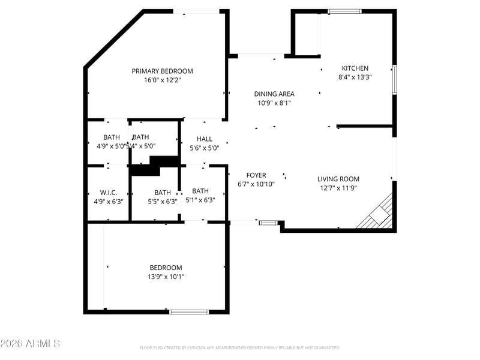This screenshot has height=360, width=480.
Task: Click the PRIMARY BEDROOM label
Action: (x=162, y=71)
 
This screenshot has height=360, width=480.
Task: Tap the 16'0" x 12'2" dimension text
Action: (x=162, y=80)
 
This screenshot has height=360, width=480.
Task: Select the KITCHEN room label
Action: (x=355, y=68)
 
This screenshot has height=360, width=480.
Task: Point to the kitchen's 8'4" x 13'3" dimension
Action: (x=355, y=77)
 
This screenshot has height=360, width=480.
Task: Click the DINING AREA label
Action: (x=274, y=94)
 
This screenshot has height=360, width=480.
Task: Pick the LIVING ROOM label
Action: (x=338, y=179)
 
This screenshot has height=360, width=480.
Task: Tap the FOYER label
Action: (x=256, y=175)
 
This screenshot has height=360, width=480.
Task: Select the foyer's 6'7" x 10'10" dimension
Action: (x=256, y=184)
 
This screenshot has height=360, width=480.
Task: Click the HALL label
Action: (x=204, y=139)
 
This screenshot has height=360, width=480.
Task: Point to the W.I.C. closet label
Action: (x=108, y=193)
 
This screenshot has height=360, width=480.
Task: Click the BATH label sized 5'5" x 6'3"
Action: (x=162, y=193)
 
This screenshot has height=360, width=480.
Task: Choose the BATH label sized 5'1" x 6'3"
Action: (x=200, y=191)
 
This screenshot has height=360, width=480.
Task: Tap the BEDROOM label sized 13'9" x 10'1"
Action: (x=166, y=268)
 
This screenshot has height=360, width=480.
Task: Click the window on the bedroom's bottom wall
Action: (x=188, y=311)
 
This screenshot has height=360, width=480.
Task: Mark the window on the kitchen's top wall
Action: (x=345, y=11)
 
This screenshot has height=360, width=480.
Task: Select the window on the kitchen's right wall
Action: (x=394, y=79)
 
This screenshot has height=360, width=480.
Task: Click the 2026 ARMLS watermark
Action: (x=30, y=344)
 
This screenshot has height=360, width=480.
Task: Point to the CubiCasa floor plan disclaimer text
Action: (x=240, y=347)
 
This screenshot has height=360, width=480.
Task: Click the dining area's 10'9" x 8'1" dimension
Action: (x=274, y=103)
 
